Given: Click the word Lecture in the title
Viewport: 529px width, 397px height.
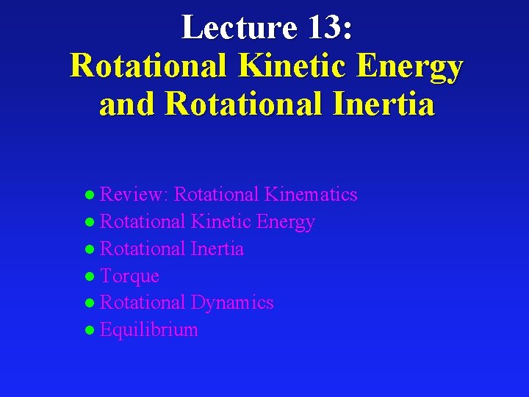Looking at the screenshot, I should tap(240, 28).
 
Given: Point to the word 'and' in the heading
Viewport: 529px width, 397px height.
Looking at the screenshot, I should tap(128, 104).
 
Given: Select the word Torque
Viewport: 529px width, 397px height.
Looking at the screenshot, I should tap(129, 276).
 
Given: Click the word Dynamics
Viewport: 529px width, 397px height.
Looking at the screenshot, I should tap(232, 303).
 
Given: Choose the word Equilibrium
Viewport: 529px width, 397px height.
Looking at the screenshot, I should tap(149, 330).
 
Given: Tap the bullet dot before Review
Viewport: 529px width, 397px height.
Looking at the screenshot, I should tap(90, 196).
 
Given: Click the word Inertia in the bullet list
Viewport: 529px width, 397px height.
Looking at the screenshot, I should tap(217, 249).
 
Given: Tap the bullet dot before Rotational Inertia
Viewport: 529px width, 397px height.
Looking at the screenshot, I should tap(90, 250).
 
